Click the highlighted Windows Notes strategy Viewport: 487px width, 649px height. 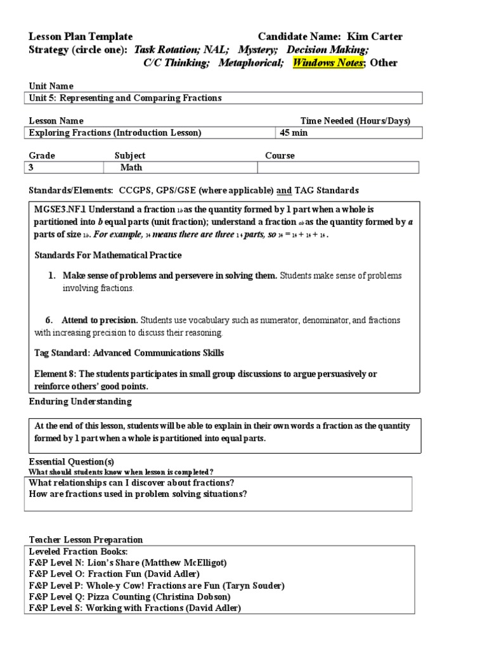tap(328, 63)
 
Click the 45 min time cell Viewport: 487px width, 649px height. tap(294, 132)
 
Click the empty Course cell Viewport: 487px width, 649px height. tap(337, 167)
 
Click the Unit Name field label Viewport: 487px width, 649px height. tap(51, 86)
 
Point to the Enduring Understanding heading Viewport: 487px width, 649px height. tap(81, 401)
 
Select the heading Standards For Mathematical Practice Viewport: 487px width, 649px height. tap(107, 255)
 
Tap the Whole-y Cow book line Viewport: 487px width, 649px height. tap(157, 585)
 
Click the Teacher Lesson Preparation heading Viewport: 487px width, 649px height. tap(86, 539)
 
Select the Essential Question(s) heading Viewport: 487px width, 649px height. tap(72, 461)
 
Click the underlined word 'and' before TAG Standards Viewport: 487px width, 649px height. tap(285, 190)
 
